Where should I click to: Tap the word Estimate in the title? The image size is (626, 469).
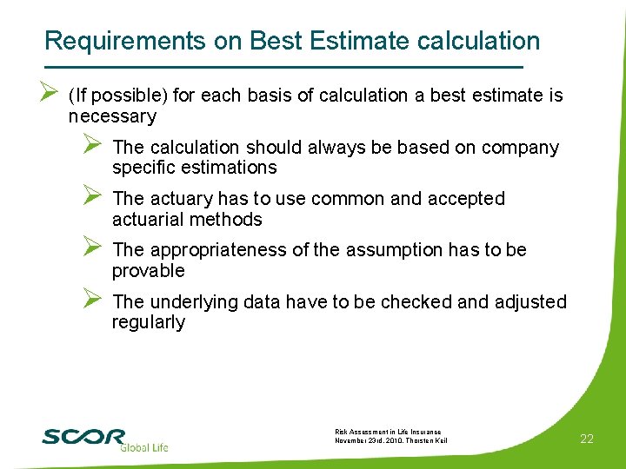(x=357, y=41)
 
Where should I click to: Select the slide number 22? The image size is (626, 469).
(x=587, y=439)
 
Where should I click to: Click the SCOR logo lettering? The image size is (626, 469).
(x=83, y=436)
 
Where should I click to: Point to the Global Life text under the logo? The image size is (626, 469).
(x=143, y=448)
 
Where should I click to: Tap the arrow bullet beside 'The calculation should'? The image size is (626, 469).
(x=94, y=147)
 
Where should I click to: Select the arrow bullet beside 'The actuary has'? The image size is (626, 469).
(x=94, y=198)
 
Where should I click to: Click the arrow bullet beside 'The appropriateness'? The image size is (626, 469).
(x=94, y=250)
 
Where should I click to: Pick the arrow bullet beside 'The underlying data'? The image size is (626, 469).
(x=94, y=301)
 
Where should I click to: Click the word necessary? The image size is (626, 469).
(x=112, y=116)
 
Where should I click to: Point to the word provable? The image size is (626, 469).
(x=149, y=271)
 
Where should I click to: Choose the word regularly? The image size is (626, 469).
(x=149, y=322)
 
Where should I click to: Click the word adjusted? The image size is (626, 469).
(x=529, y=302)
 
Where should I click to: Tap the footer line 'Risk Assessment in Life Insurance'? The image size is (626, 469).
(x=388, y=432)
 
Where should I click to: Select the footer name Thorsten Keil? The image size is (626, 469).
(x=427, y=440)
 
